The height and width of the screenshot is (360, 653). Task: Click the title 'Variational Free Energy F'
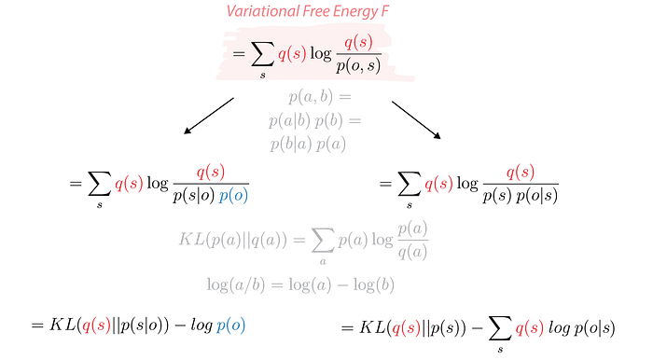click(x=308, y=11)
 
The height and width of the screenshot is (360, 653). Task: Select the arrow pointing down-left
click(x=209, y=116)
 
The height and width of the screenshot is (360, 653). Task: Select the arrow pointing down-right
click(x=416, y=120)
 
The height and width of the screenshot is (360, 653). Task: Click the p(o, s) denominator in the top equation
click(x=358, y=66)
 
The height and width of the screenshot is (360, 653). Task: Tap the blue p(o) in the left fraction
click(x=233, y=195)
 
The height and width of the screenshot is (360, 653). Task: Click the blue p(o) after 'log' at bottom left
click(x=231, y=325)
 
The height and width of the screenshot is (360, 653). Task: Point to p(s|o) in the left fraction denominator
click(x=194, y=195)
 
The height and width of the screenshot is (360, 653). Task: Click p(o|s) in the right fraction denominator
click(x=536, y=195)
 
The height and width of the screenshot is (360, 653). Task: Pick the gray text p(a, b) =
click(x=320, y=97)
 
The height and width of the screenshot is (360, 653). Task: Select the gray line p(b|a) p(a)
click(x=308, y=144)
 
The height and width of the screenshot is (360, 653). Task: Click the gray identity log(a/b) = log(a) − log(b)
click(x=300, y=284)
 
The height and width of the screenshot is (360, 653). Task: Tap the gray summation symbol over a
click(x=323, y=240)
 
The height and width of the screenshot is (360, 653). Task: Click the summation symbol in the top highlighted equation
click(x=263, y=54)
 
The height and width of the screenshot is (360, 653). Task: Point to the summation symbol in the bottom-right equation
click(x=500, y=328)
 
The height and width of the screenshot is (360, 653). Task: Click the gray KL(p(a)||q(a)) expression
click(x=233, y=240)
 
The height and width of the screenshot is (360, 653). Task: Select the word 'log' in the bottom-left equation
click(x=202, y=325)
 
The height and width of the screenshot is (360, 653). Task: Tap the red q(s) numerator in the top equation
click(x=358, y=42)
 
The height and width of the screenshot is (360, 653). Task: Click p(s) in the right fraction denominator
click(x=497, y=195)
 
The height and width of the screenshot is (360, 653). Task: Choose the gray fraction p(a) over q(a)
click(x=412, y=240)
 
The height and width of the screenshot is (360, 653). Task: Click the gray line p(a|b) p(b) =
click(x=315, y=120)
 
